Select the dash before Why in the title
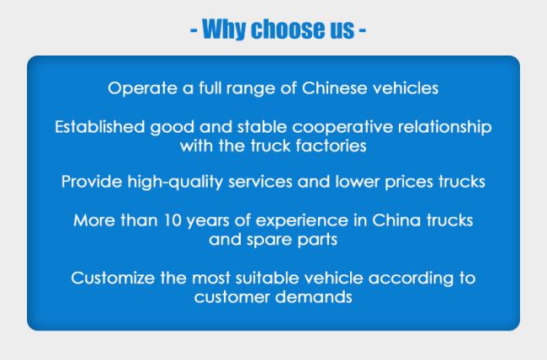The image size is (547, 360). click(x=194, y=30)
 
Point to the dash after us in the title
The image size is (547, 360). click(x=362, y=30)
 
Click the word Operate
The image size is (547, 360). click(x=142, y=88)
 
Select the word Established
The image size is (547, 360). click(x=99, y=127)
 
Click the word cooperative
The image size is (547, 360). click(x=343, y=127)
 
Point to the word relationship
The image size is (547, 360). click(x=445, y=127)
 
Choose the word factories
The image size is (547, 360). click(x=331, y=146)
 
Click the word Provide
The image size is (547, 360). click(x=92, y=182)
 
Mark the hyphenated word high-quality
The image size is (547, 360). click(x=175, y=183)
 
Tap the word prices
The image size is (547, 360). click(x=409, y=183)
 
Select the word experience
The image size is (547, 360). click(x=302, y=221)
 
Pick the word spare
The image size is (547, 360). click(x=269, y=241)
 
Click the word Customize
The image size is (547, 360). click(x=113, y=278)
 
